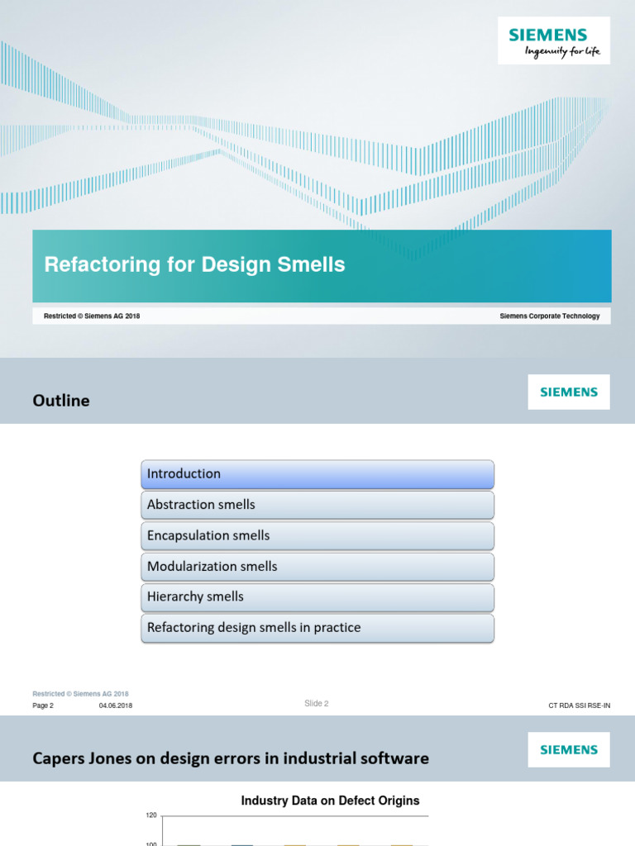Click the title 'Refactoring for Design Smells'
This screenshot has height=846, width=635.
[194, 265]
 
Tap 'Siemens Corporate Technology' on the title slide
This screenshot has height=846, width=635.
[550, 316]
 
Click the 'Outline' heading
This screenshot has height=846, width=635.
[61, 401]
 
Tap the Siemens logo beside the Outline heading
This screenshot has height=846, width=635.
[569, 392]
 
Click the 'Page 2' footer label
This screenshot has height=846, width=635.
[43, 706]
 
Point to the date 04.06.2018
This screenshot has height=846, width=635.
[116, 706]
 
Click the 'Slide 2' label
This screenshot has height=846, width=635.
[317, 704]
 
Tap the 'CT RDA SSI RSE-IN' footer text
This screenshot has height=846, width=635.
[580, 706]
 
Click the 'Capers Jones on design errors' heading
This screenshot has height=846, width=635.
[231, 758]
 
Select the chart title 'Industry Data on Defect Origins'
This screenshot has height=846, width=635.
[330, 801]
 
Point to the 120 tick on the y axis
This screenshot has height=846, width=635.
[150, 815]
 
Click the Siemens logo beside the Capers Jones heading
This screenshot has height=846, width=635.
[569, 750]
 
